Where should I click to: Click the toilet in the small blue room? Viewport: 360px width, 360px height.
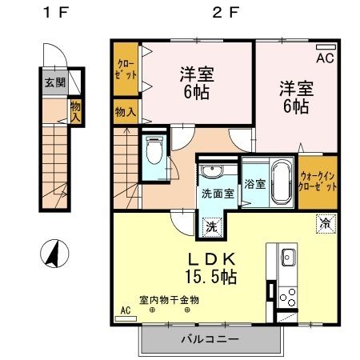coord(154,149)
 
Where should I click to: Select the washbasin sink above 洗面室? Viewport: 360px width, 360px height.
coord(212,170)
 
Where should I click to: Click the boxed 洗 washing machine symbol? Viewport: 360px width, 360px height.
coord(213,226)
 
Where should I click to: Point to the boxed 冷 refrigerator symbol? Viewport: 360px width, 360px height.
coord(326,224)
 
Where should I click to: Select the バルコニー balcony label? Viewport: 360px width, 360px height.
coord(209,339)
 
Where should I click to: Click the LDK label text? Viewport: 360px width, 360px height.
coord(212,259)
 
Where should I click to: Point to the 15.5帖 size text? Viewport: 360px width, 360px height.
coord(212,278)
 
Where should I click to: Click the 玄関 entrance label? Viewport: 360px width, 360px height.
coord(54,82)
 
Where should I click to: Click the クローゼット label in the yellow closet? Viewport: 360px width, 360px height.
coord(126,68)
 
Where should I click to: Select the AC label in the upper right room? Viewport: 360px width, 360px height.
coord(326,58)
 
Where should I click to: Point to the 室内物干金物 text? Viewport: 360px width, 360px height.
coord(170,300)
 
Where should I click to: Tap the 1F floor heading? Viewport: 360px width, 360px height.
coord(53,13)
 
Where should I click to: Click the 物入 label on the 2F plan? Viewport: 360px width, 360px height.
coord(125,111)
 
